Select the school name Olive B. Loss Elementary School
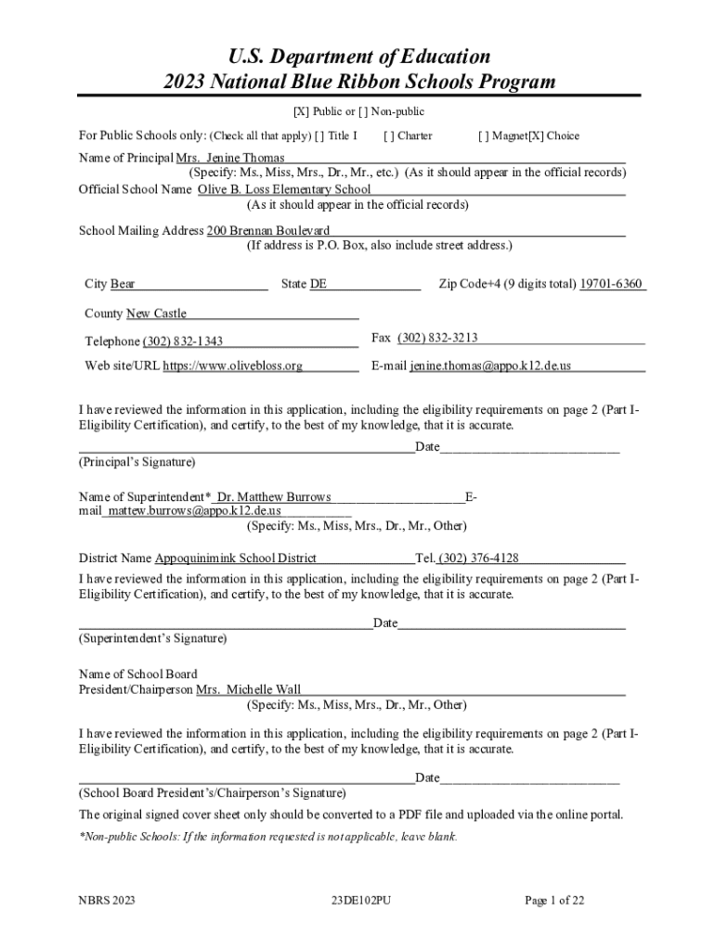coord(284,190)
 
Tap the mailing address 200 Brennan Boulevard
coord(268,231)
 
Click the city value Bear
coord(123,285)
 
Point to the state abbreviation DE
coord(318,285)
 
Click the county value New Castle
coord(156,314)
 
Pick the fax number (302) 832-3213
coord(437,338)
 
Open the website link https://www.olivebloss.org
coord(233,366)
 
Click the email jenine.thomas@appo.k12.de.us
coord(490,366)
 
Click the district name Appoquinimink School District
coord(235,558)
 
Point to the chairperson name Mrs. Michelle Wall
coord(249,690)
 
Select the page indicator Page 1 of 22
coord(553,900)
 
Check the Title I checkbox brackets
coord(319,136)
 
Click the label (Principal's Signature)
coord(136,462)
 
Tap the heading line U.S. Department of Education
coord(358,57)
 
